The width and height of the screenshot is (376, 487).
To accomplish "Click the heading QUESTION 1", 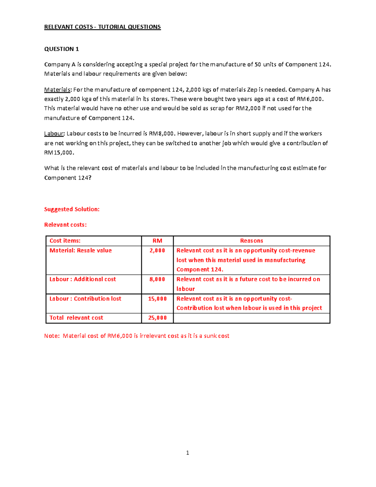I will click(61, 49).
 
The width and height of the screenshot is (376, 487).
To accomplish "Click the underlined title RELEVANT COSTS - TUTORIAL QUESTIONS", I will click(102, 27).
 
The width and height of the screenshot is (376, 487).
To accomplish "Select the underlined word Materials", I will click(57, 90).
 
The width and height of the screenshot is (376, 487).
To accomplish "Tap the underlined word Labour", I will click(54, 134).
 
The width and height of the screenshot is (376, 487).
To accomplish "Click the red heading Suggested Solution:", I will click(72, 209).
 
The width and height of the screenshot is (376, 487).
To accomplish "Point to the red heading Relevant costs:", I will click(65, 225).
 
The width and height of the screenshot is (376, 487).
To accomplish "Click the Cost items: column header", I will click(65, 241).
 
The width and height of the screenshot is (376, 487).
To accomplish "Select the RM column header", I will click(157, 241).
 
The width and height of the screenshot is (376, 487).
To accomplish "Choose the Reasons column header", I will click(251, 241).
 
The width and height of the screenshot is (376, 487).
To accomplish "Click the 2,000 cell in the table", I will click(157, 251).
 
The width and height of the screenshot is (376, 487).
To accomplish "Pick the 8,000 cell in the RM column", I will click(157, 279).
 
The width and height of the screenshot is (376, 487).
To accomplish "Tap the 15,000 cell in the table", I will click(157, 299).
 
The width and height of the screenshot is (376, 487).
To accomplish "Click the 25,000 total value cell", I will click(157, 318).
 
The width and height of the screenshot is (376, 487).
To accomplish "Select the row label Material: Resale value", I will click(81, 251).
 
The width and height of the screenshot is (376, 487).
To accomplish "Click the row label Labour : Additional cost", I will click(83, 279).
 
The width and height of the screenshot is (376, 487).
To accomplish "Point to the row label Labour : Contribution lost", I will click(85, 299).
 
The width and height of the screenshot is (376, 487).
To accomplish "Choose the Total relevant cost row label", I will click(76, 318).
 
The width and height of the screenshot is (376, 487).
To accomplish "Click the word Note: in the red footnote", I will click(52, 336).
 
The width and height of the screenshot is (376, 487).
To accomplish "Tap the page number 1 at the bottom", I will click(187, 453).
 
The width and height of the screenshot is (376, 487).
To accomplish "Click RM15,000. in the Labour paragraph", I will click(59, 153).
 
